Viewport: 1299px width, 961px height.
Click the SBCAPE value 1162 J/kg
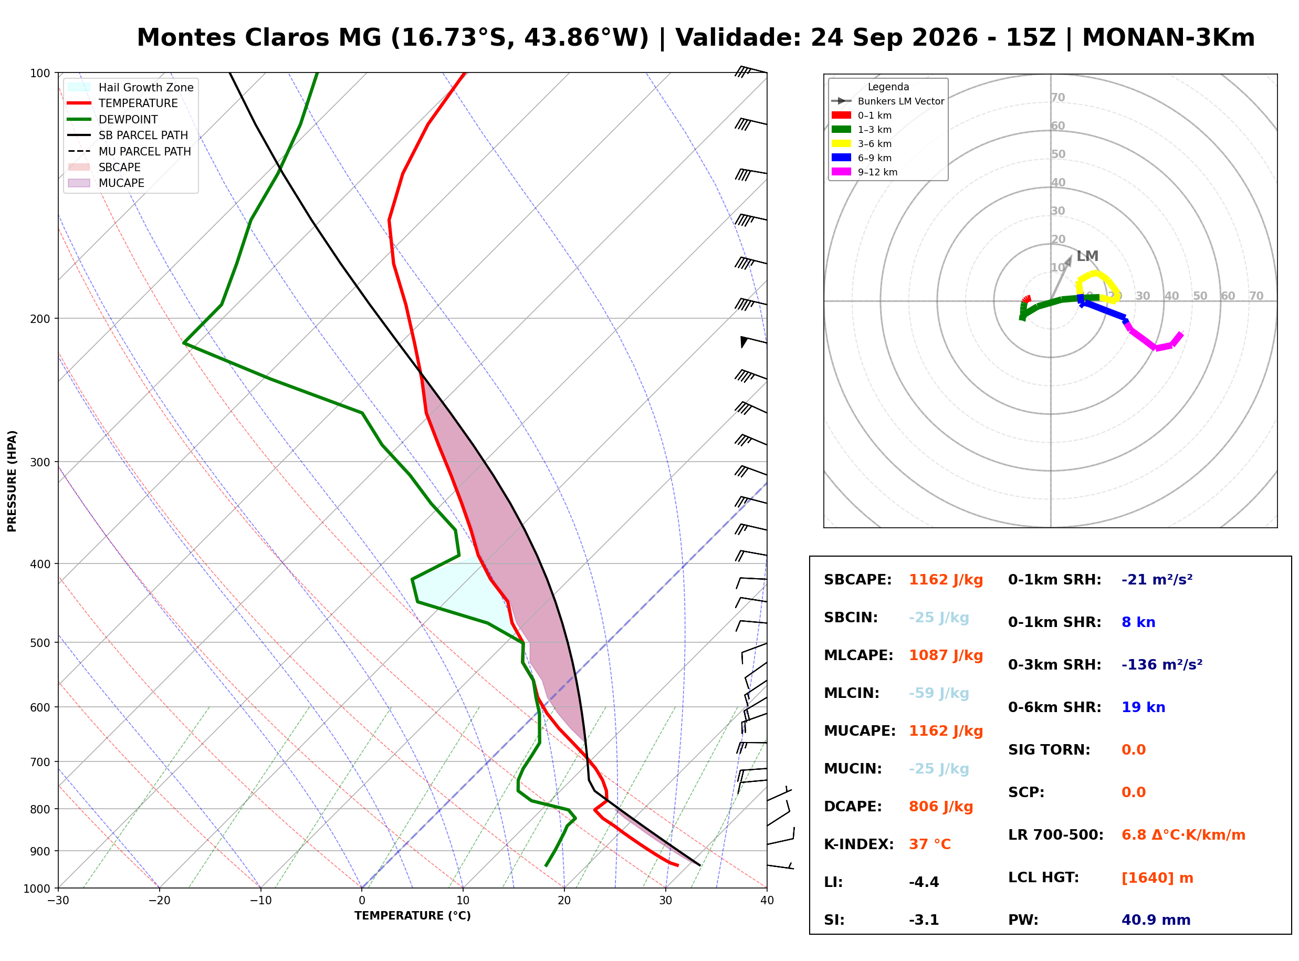tap(946, 580)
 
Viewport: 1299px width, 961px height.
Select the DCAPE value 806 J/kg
tap(941, 807)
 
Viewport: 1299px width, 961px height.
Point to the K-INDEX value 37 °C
tap(930, 844)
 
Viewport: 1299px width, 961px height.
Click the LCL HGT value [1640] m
tap(1157, 878)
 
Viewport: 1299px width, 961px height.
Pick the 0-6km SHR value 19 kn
tap(1143, 707)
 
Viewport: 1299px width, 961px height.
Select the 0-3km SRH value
tap(1162, 664)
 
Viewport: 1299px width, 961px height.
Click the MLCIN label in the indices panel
tap(851, 693)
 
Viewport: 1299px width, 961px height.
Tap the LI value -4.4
tap(924, 882)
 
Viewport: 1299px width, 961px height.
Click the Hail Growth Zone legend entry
tap(131, 87)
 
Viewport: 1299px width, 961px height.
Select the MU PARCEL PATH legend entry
tap(129, 151)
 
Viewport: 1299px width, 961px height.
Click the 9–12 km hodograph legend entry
tap(864, 172)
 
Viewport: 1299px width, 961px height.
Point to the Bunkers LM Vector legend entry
tap(887, 101)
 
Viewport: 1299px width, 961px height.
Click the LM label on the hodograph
tap(1087, 256)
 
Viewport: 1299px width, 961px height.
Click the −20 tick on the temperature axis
tap(159, 901)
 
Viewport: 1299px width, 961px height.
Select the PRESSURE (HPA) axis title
tap(12, 481)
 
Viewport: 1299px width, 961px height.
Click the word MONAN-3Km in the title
tap(1168, 37)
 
